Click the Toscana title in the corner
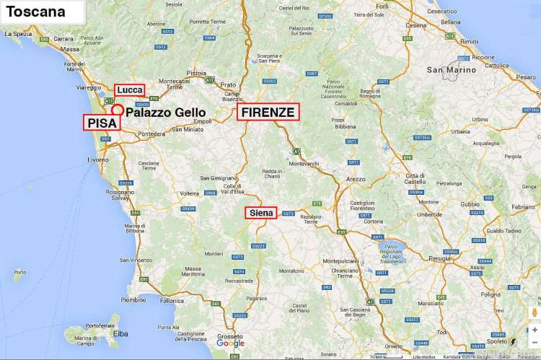coord(36,12)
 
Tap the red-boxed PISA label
coord(102,123)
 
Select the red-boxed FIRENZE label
coord(268,112)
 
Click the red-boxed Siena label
coord(260,213)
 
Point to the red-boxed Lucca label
coord(129,89)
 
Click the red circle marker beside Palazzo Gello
coord(117,110)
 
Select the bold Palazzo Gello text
coord(166,113)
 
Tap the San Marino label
coord(452,70)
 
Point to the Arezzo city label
coord(356,178)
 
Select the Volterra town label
coord(189,193)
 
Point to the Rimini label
coord(469,41)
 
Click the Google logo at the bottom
coord(230,343)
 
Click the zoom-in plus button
coord(535,330)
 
